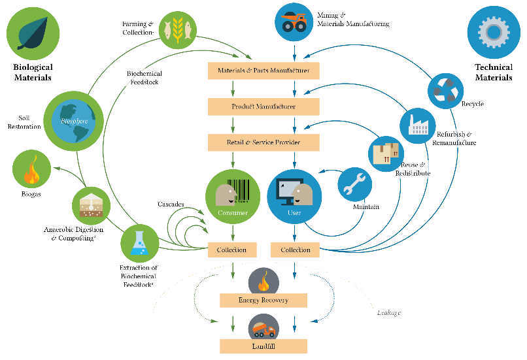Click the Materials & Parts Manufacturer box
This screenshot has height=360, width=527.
click(x=263, y=70)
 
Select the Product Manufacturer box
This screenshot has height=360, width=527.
click(x=263, y=106)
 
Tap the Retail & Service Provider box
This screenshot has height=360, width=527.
click(x=263, y=142)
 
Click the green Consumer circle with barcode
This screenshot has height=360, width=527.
click(x=228, y=197)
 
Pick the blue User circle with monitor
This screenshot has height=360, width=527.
click(x=295, y=197)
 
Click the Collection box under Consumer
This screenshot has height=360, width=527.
click(x=231, y=250)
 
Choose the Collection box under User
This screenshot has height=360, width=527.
click(x=295, y=250)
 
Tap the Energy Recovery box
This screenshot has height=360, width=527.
click(x=263, y=301)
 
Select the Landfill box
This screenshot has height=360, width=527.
click(x=263, y=346)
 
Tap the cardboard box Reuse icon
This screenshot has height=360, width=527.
click(x=386, y=154)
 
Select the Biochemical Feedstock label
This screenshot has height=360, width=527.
click(x=144, y=77)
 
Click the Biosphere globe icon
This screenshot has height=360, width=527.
click(x=74, y=121)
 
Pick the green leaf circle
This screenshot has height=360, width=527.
click(x=33, y=33)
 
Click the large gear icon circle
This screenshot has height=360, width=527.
click(x=494, y=32)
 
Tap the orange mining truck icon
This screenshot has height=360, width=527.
click(x=294, y=20)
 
